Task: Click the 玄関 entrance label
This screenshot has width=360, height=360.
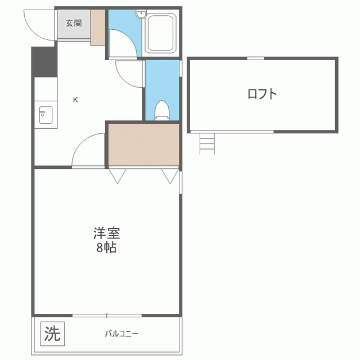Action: pyautogui.click(x=73, y=23)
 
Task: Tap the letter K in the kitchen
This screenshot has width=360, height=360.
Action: pyautogui.click(x=75, y=100)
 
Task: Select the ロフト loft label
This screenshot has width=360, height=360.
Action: pyautogui.click(x=263, y=93)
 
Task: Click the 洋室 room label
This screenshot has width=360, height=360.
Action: pyautogui.click(x=106, y=233)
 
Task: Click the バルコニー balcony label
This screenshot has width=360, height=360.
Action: pyautogui.click(x=121, y=334)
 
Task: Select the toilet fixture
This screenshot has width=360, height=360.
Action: pyautogui.click(x=161, y=110)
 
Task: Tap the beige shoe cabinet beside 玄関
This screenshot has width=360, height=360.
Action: pyautogui.click(x=98, y=26)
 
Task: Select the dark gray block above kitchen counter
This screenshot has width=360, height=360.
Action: pyautogui.click(x=43, y=62)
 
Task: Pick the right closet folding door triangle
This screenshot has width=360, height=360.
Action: pyautogui.click(x=169, y=176)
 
